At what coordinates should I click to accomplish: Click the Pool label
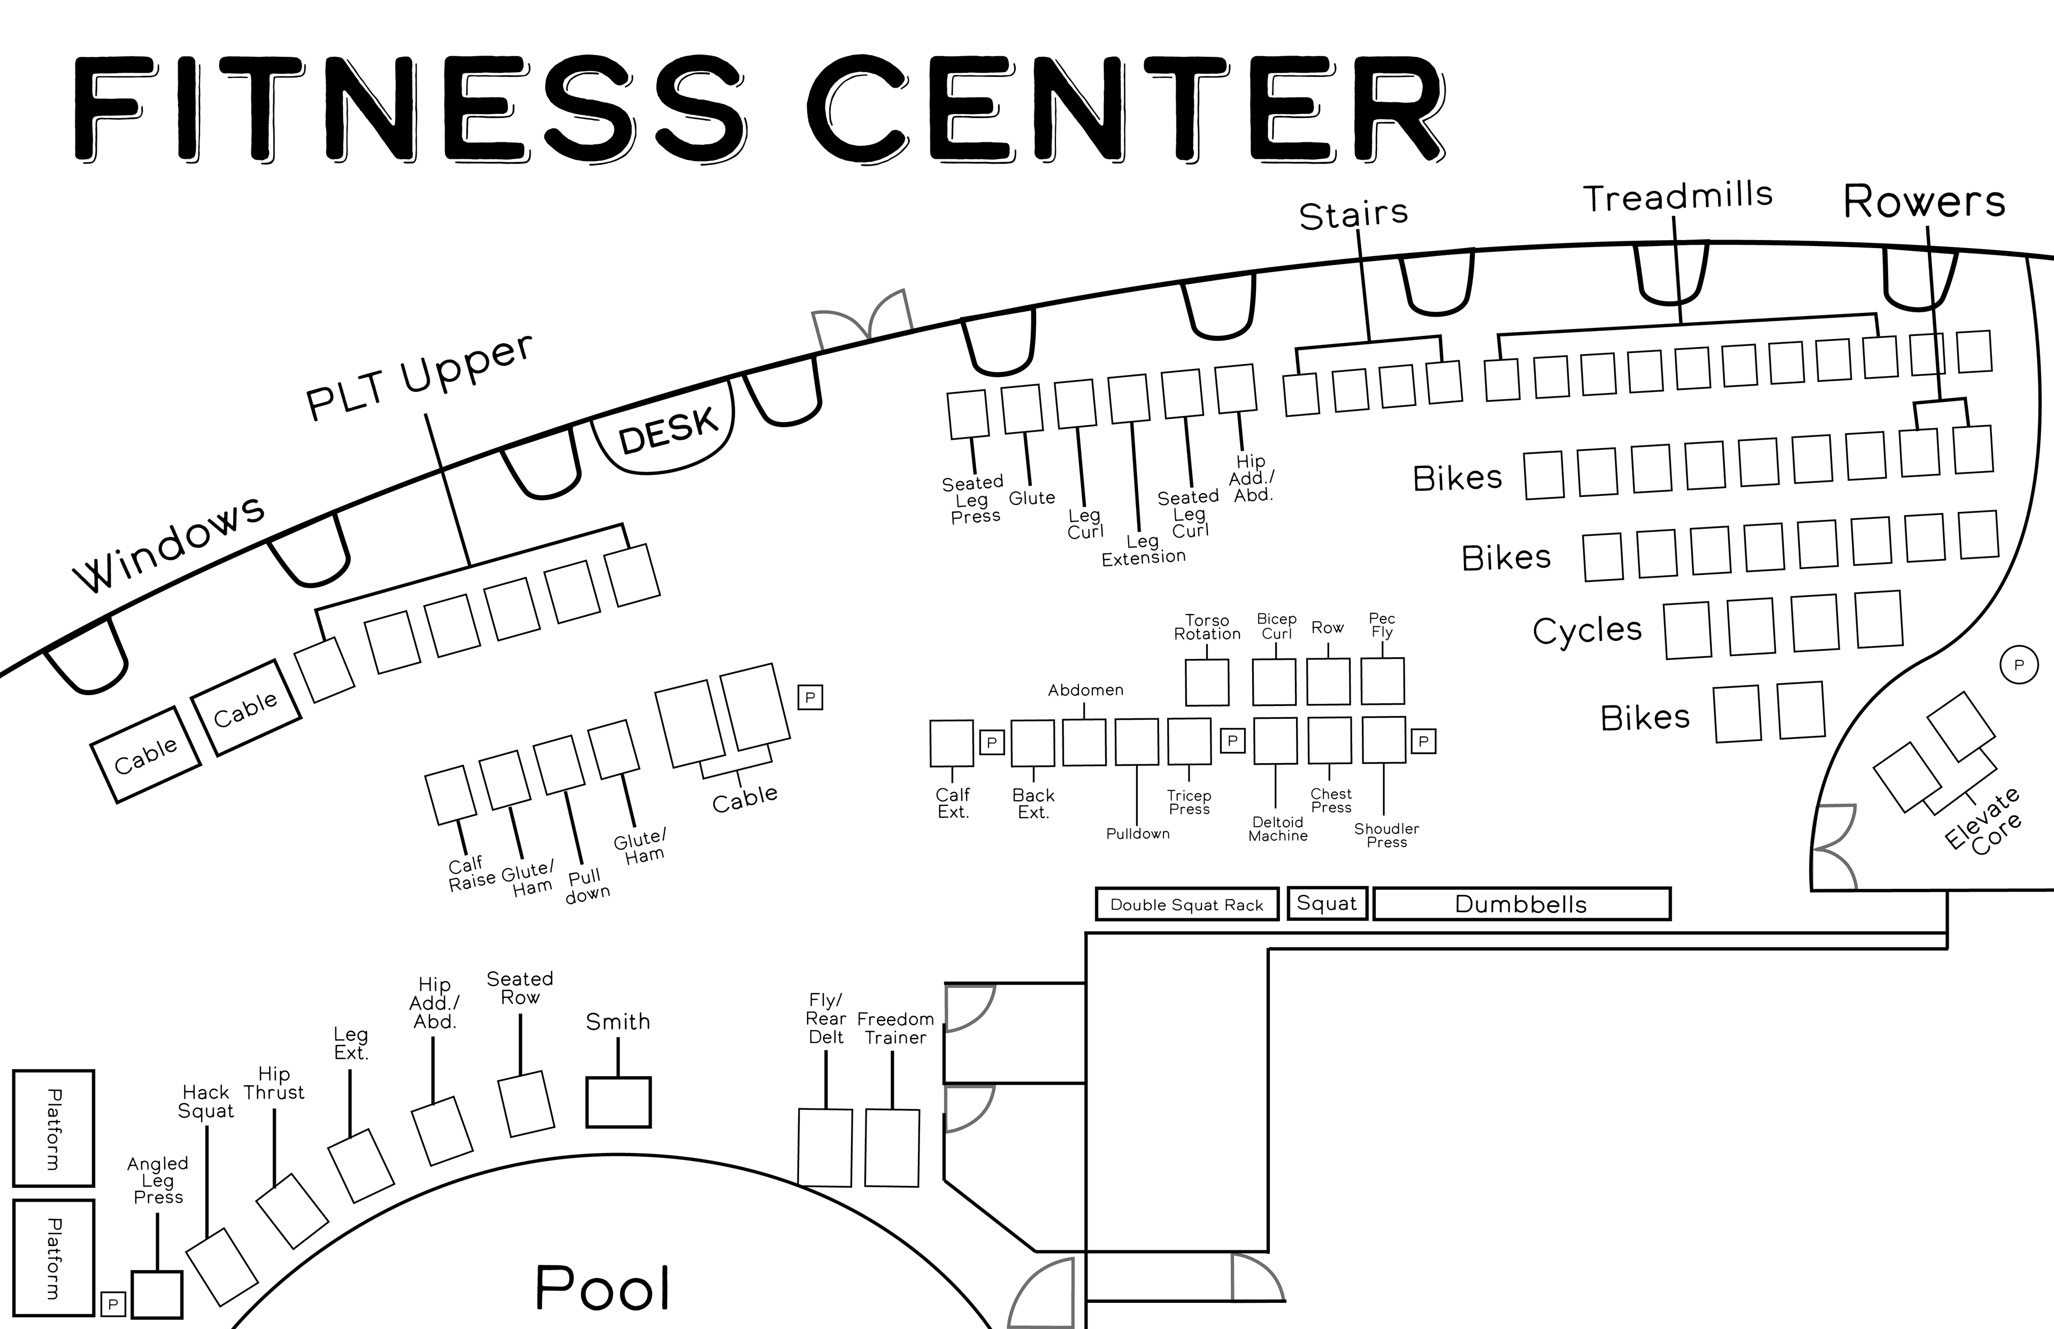(602, 1288)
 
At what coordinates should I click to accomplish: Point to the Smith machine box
(618, 1102)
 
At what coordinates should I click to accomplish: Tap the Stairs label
(1353, 214)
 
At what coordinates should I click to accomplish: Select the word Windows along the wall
(169, 544)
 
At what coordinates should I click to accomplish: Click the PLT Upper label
(420, 377)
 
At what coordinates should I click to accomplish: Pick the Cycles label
(1587, 630)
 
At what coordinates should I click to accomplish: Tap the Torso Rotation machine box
(1207, 682)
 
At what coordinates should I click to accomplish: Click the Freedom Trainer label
(895, 1028)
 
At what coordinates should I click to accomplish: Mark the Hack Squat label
(206, 1101)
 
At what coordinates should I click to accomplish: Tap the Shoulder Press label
(1386, 834)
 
